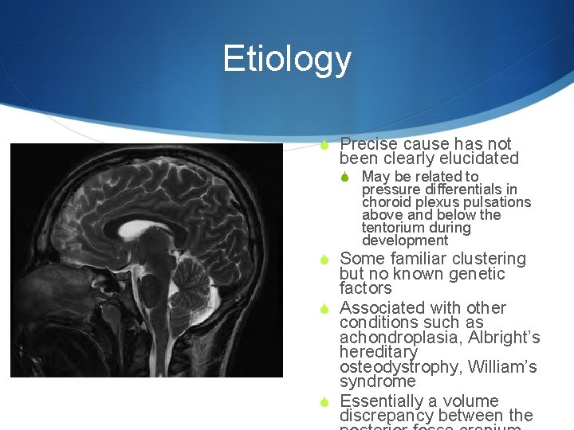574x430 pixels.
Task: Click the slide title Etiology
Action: pos(286,59)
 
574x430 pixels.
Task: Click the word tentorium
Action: pos(389,228)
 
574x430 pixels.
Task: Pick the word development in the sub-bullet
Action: pos(405,240)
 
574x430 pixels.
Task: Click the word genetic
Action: pos(478,274)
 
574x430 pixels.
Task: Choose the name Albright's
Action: pos(504,338)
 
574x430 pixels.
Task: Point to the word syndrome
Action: pos(377,381)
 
